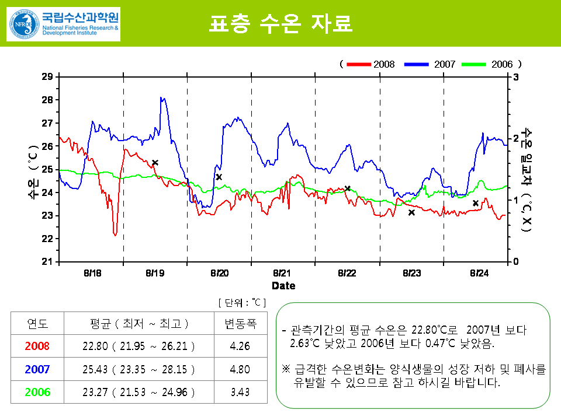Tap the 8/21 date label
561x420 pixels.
pos(283,273)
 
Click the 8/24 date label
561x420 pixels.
pos(479,273)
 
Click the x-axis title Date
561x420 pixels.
pos(283,286)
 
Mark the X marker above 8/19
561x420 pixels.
pos(155,163)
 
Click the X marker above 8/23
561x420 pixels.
pos(411,212)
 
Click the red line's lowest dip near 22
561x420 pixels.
pos(115,234)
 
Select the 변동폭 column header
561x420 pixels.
pos(240,323)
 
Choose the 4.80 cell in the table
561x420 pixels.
pos(240,369)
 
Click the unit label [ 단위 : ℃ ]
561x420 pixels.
pos(242,302)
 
